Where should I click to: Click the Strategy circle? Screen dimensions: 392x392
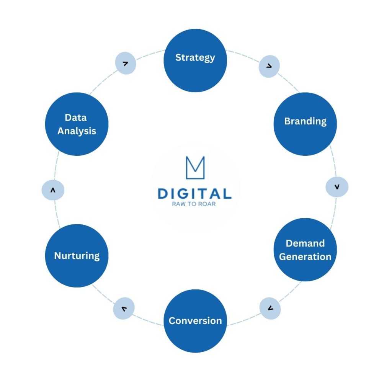tap(195, 60)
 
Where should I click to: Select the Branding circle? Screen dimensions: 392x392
tap(305, 124)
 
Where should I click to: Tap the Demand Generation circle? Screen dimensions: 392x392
tap(305, 250)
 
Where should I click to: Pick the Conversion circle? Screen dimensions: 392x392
tap(195, 321)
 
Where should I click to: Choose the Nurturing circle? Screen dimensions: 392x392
tap(77, 255)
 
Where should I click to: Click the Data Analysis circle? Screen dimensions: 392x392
tap(77, 124)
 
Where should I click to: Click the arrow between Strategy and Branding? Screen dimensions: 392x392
tap(269, 66)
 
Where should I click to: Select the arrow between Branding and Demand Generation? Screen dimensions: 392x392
tap(337, 187)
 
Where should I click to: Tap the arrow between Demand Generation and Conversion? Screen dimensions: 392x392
tap(270, 308)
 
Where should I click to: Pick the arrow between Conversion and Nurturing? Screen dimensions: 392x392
tap(124, 308)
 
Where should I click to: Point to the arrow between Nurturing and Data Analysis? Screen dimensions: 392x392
tap(53, 190)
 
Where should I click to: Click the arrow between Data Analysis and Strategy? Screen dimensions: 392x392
tap(125, 63)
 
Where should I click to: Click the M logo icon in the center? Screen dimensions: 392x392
tap(195, 168)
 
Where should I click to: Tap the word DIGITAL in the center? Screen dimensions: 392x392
tap(195, 193)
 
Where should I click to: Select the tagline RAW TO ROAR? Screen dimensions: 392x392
tap(195, 204)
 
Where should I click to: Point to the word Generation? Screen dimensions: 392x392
tap(305, 256)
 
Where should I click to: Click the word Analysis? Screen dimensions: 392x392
tap(77, 131)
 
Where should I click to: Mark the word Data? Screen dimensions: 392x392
tap(75, 118)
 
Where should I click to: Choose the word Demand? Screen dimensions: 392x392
tap(305, 243)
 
